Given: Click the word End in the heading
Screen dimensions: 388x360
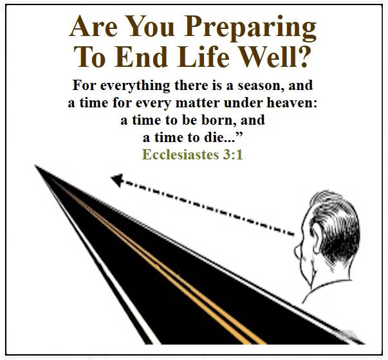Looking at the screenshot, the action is point(140,57).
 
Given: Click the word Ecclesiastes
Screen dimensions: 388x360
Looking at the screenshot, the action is point(180,154).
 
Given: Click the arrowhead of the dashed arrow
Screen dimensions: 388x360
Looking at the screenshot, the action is point(117,180).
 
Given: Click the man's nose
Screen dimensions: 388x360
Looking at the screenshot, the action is point(297,249).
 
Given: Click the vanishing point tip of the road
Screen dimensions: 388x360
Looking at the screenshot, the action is point(35,165).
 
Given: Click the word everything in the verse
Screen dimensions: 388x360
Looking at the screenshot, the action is point(135,85).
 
